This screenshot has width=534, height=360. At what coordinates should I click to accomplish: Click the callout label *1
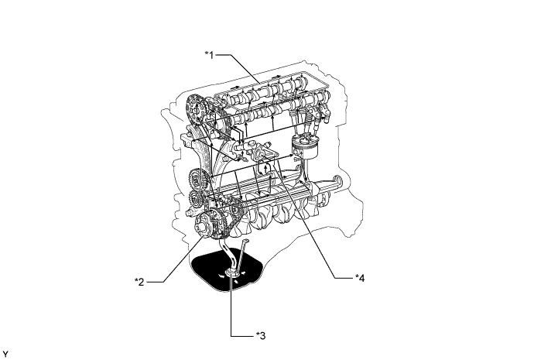(210, 55)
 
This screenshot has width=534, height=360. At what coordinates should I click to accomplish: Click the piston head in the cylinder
(303, 145)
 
